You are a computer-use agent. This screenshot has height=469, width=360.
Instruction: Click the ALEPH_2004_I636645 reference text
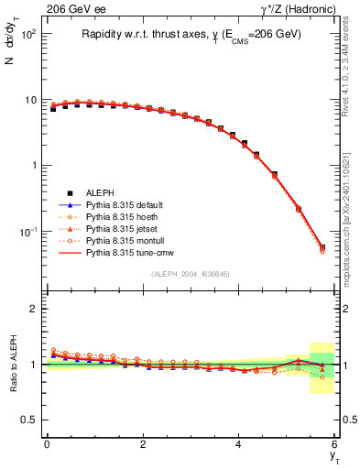click(x=191, y=274)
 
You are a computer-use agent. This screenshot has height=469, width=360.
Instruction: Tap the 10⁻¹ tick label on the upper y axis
click(x=29, y=233)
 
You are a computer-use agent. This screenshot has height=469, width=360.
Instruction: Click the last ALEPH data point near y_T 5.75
click(x=322, y=247)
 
